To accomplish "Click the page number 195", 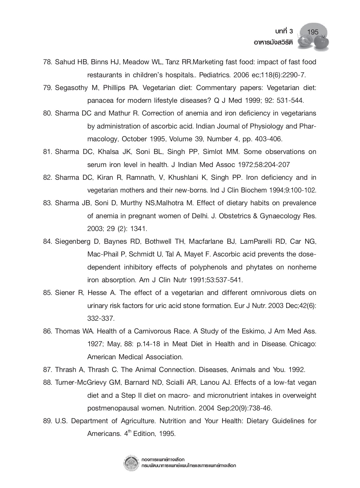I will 313,32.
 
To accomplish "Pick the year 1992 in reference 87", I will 297,370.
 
